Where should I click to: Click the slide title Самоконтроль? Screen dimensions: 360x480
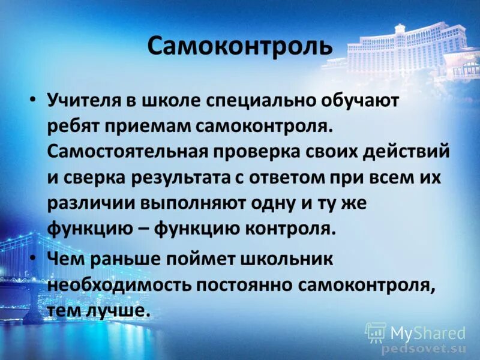click(x=239, y=46)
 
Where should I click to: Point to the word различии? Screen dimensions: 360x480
click(x=89, y=203)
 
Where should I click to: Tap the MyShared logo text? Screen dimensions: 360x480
click(x=427, y=332)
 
